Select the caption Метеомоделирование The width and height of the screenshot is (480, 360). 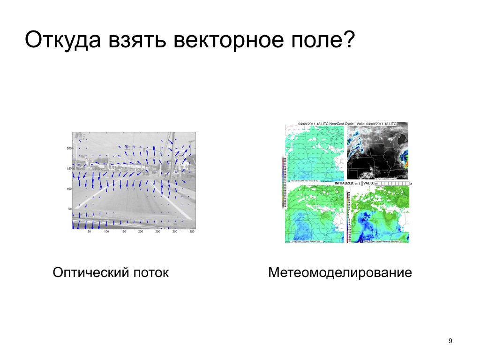pos(340,272)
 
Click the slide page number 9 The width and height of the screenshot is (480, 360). pos(450,341)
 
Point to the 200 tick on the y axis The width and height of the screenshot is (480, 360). pos(68,148)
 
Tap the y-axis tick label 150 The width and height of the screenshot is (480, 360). pos(68,168)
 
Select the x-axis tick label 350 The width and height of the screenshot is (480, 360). pos(192,232)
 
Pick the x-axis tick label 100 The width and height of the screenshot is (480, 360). pos(106,232)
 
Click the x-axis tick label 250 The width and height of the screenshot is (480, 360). pos(157,232)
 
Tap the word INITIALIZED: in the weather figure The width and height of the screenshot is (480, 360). pos(347,183)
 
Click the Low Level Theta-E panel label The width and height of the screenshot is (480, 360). pos(305,241)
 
